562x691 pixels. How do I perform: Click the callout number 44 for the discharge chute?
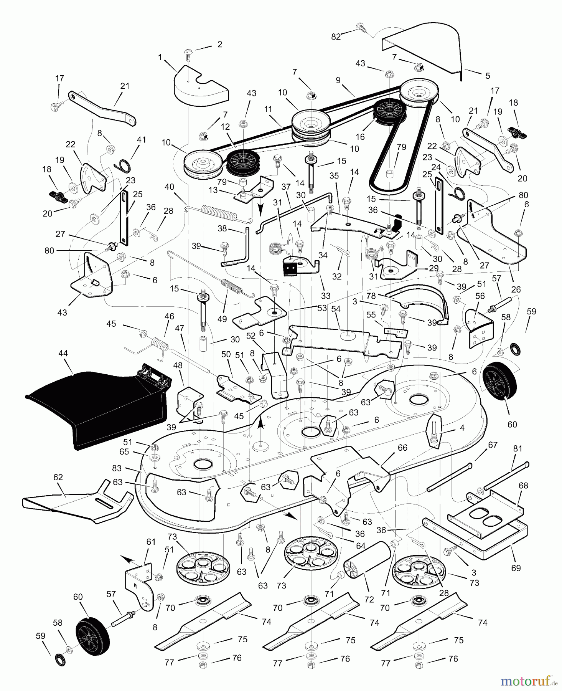(x=63, y=353)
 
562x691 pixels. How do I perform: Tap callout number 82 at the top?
(x=336, y=36)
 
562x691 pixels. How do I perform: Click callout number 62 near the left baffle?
(x=58, y=478)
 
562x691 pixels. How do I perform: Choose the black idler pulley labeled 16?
(x=390, y=111)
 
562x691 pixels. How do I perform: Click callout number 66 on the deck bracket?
(x=402, y=448)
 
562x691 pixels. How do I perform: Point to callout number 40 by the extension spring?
(x=169, y=187)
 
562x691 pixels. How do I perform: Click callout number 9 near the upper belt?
(x=338, y=80)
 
